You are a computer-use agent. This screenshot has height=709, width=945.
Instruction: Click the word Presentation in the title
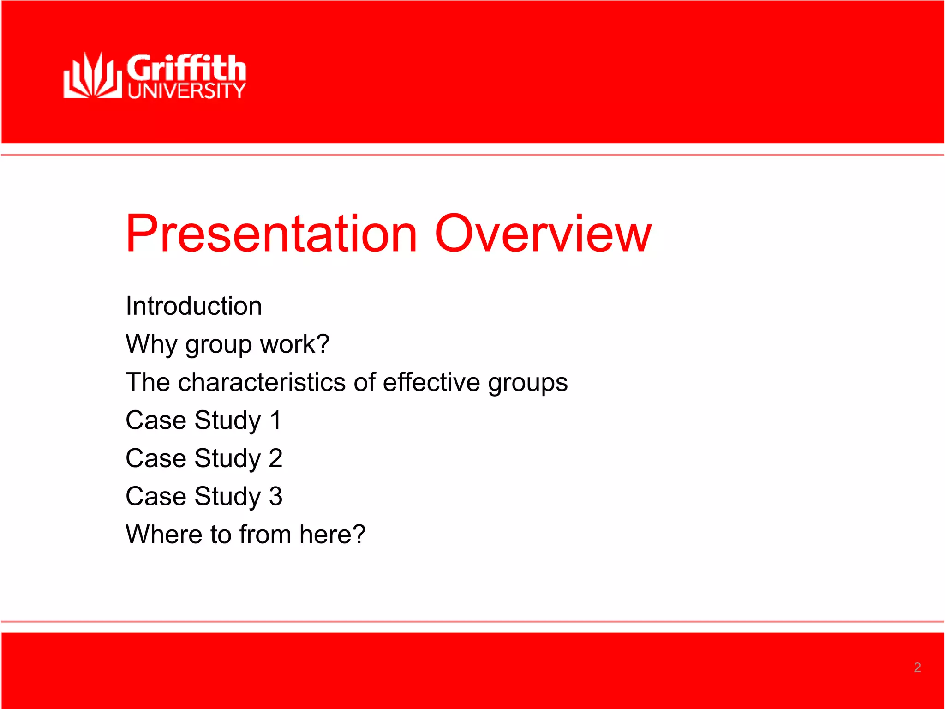271,234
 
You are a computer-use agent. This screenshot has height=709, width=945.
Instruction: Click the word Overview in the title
543,234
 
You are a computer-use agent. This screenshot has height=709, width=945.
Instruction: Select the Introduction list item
194,306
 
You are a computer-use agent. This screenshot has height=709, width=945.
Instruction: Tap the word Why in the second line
151,344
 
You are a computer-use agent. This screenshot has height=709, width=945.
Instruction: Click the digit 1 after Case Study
275,420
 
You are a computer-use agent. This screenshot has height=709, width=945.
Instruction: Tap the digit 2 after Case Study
275,458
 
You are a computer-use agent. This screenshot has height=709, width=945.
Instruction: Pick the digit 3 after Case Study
275,496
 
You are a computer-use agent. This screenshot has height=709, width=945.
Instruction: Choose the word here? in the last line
332,534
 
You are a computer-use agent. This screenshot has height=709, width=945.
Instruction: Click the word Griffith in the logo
186,68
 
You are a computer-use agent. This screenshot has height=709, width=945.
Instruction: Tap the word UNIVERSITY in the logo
186,90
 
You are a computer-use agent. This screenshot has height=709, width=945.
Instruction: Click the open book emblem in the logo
93,76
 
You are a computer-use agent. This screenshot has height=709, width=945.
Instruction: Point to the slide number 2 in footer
917,667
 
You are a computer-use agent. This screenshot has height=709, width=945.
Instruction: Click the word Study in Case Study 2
227,459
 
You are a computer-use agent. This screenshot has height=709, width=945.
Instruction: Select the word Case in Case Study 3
156,496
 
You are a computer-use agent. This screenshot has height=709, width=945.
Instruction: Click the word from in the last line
265,534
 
